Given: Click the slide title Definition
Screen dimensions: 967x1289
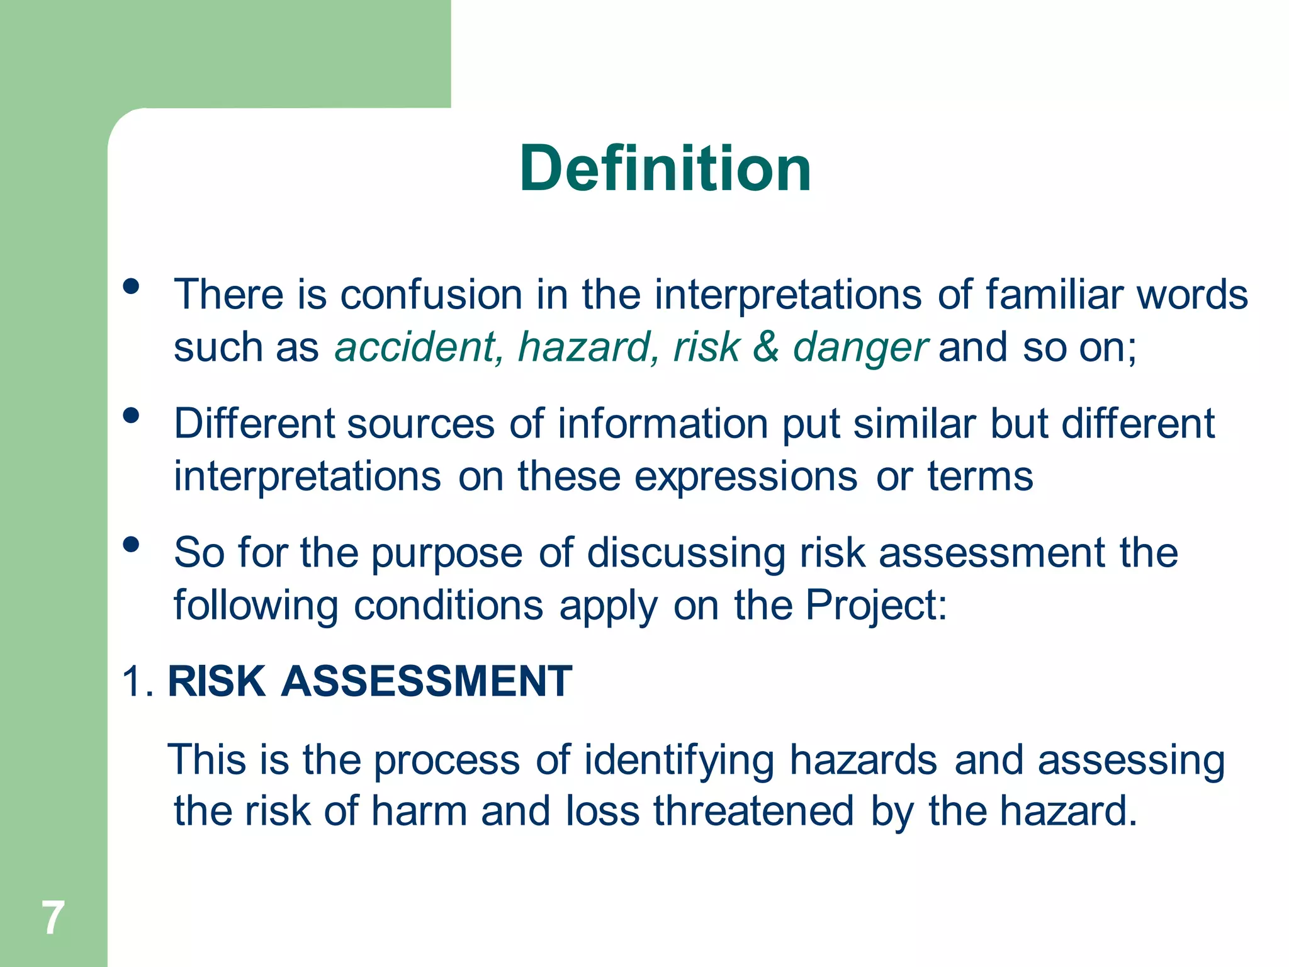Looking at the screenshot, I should pyautogui.click(x=665, y=169).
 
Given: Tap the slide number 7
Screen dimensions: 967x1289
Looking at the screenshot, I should pyautogui.click(x=53, y=918).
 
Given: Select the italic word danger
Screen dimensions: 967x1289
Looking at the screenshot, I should pyautogui.click(x=860, y=348).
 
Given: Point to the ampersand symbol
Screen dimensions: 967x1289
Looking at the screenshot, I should pyautogui.click(x=765, y=347).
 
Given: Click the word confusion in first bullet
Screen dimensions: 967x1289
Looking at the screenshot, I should pyautogui.click(x=431, y=295).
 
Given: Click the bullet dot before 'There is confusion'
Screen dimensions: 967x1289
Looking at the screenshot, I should pyautogui.click(x=131, y=287).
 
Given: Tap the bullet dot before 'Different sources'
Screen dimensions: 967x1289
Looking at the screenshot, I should pyautogui.click(x=131, y=416).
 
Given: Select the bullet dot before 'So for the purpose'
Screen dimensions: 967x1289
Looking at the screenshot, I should pyautogui.click(x=131, y=544).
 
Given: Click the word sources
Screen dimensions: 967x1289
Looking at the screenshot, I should pyautogui.click(x=420, y=424).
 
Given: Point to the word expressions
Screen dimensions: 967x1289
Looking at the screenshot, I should pyautogui.click(x=745, y=477).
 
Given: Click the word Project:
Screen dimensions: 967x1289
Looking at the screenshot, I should pyautogui.click(x=876, y=606).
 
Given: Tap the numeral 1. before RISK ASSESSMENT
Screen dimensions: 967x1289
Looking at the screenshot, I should pyautogui.click(x=138, y=681).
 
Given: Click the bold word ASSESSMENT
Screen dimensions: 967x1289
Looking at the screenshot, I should pyautogui.click(x=427, y=681).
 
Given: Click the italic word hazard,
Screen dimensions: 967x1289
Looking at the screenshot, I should pyautogui.click(x=588, y=347).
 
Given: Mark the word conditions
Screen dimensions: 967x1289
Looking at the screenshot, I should pyautogui.click(x=448, y=606).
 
